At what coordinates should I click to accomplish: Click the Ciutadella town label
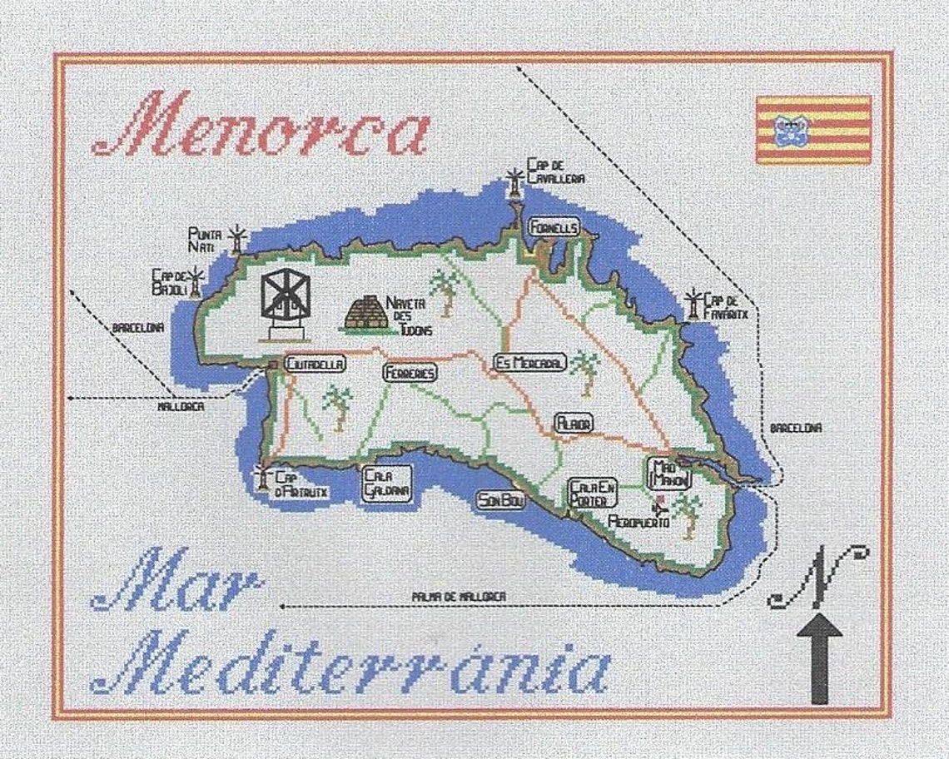click(x=315, y=364)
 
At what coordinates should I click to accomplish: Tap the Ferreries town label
click(x=410, y=374)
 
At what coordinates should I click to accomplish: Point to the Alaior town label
click(x=574, y=423)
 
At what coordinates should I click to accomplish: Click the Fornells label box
click(x=552, y=226)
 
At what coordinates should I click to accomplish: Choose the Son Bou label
click(x=500, y=500)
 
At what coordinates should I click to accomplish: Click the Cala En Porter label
click(x=593, y=493)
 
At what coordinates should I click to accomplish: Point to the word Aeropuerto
click(x=638, y=522)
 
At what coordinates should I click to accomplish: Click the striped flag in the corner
click(x=813, y=129)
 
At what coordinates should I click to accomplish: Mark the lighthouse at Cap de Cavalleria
click(x=515, y=182)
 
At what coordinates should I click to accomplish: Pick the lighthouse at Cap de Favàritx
click(x=692, y=304)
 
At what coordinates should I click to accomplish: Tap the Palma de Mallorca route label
click(x=459, y=596)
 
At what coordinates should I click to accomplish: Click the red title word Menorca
click(x=262, y=125)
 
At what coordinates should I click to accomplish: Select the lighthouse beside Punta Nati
click(x=239, y=239)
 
